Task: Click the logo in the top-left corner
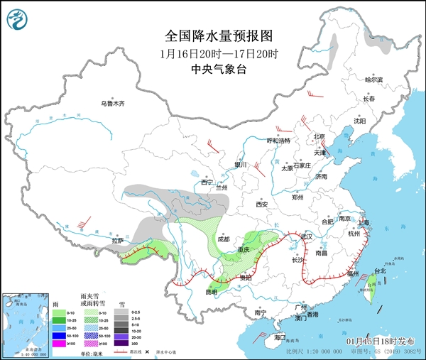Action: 18,19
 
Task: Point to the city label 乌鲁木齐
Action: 111,104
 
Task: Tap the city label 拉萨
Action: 118,241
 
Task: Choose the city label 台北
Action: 380,271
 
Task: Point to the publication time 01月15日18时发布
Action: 386,343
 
